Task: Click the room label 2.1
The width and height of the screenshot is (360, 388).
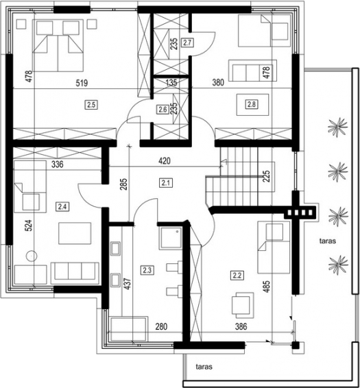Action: (x=166, y=183)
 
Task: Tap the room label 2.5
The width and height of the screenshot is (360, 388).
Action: (x=91, y=105)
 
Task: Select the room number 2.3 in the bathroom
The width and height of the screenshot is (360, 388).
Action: (x=147, y=270)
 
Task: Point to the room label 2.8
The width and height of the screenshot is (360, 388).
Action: (x=251, y=104)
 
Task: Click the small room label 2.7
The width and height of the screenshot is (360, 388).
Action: (x=187, y=43)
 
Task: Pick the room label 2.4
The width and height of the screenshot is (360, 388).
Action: (x=62, y=206)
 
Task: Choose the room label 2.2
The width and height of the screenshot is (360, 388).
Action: (x=237, y=275)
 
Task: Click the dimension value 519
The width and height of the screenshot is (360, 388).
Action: (x=82, y=83)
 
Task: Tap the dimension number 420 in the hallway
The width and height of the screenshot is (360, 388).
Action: (x=165, y=161)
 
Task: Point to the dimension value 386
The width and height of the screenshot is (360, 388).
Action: (x=241, y=326)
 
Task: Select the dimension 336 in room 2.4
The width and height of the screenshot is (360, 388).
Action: (x=58, y=164)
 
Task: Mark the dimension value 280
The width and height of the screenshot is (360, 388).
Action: (x=161, y=326)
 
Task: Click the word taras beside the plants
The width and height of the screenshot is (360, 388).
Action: (x=328, y=241)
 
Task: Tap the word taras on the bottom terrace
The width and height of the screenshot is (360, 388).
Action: (x=204, y=367)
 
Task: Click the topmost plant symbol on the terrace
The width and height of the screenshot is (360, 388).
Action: (x=337, y=127)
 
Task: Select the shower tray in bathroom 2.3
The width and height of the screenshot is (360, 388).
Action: (x=171, y=238)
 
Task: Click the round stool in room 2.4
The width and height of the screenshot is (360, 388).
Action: (x=32, y=256)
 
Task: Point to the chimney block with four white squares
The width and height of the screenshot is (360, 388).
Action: (x=300, y=213)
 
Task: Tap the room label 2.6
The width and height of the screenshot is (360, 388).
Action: (x=163, y=109)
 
